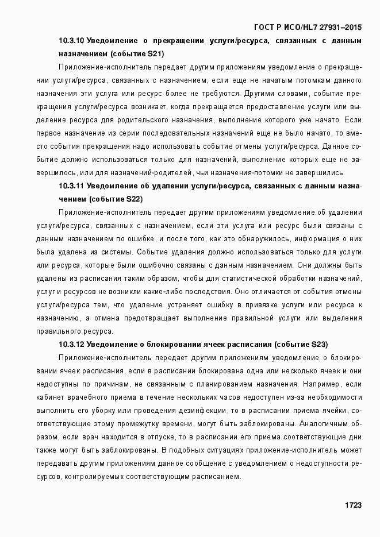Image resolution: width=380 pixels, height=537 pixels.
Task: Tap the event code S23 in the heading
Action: tap(319, 345)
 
